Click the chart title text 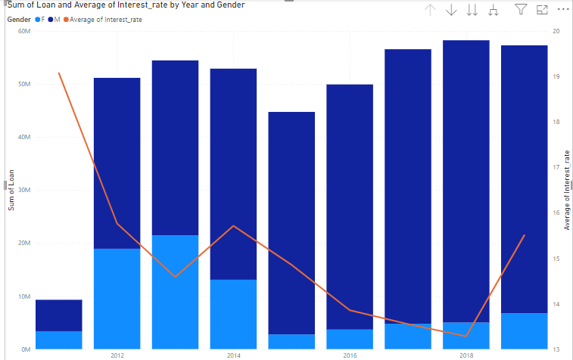pyautogui.click(x=125, y=5)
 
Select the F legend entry pyautogui.click(x=42, y=19)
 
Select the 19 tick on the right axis pyautogui.click(x=556, y=77)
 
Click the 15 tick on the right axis pyautogui.click(x=556, y=259)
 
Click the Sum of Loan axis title pyautogui.click(x=11, y=191)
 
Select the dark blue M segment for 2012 pyautogui.click(x=117, y=163)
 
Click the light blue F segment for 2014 pyautogui.click(x=233, y=314)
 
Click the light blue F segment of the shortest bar pyautogui.click(x=59, y=340)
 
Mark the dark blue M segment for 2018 pyautogui.click(x=466, y=182)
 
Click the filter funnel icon pyautogui.click(x=521, y=10)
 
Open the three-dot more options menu pyautogui.click(x=562, y=10)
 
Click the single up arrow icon pyautogui.click(x=431, y=10)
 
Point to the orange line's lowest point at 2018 pyautogui.click(x=466, y=336)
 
